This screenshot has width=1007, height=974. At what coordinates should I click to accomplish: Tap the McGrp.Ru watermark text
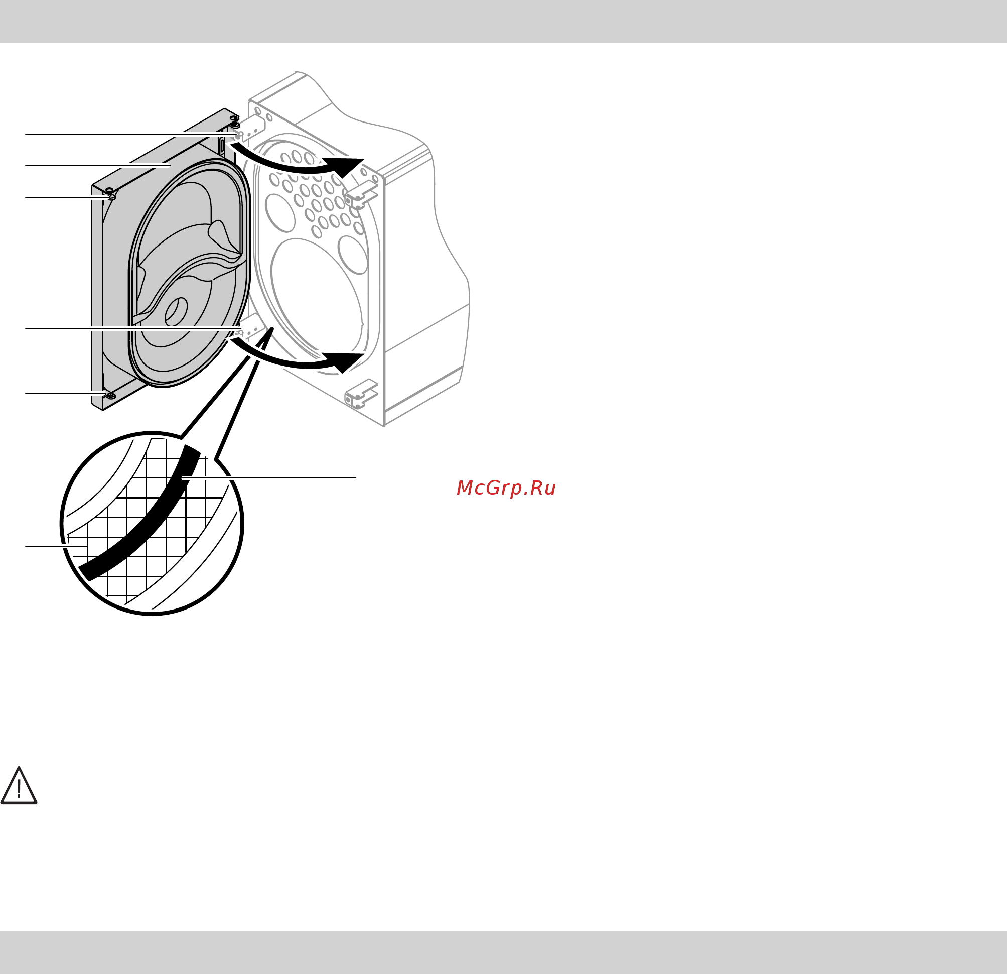(506, 488)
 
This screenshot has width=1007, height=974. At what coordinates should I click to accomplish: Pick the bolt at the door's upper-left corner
(110, 193)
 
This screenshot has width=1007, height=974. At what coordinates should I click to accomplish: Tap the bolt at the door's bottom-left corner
(109, 395)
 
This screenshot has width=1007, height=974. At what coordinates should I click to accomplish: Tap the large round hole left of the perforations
(280, 213)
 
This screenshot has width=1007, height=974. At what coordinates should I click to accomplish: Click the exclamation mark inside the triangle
(19, 788)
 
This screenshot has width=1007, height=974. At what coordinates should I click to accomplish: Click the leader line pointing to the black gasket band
(269, 478)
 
